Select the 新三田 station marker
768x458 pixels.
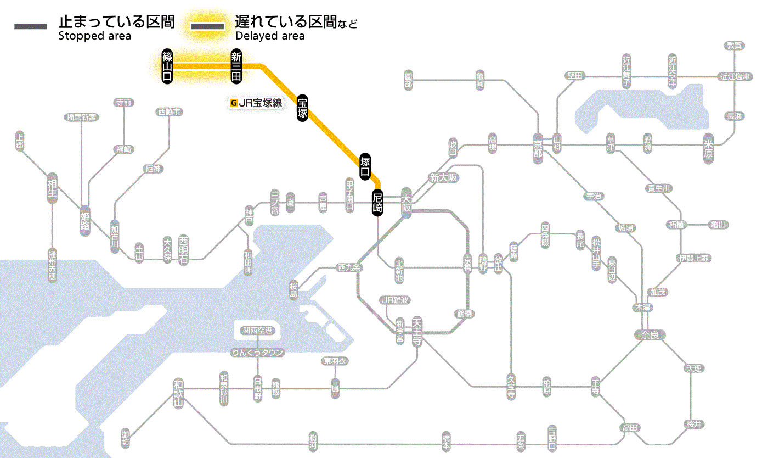(x=236, y=66)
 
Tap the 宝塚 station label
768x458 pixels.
(x=302, y=108)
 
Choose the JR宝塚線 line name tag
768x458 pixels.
(x=257, y=103)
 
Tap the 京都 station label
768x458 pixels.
(x=538, y=146)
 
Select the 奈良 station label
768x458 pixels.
(x=650, y=334)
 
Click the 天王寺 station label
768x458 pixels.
(x=417, y=332)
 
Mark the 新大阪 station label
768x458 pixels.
(x=443, y=178)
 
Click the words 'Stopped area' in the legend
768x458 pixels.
(x=95, y=36)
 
